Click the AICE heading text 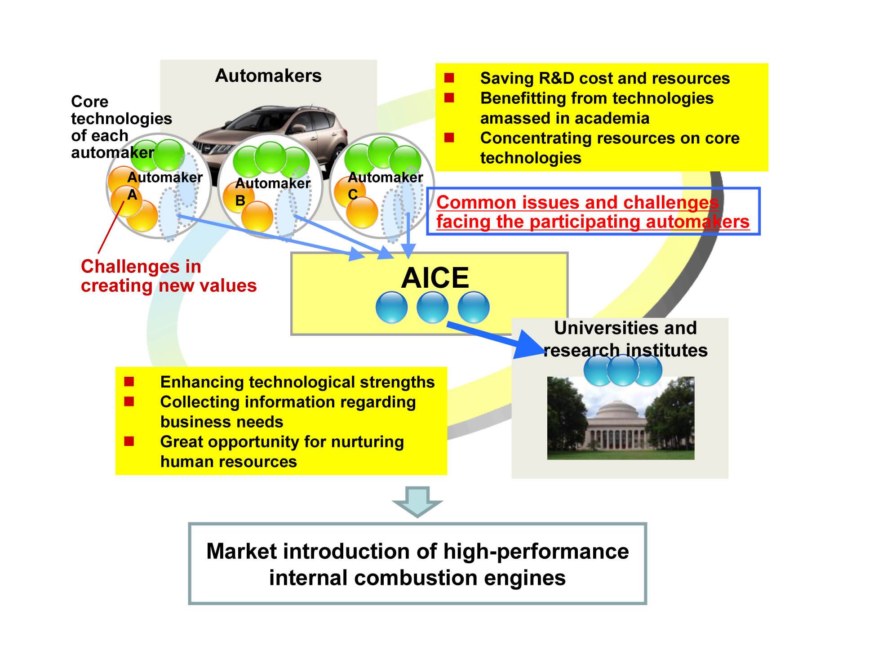[x=435, y=277]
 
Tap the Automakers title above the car [x=268, y=76]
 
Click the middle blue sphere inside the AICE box [x=432, y=307]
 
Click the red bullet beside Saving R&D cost [x=449, y=78]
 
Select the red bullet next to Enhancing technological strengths [x=129, y=382]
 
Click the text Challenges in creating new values [x=168, y=276]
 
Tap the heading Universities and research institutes [x=625, y=339]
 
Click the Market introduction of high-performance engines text [x=417, y=564]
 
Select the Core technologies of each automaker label [x=120, y=127]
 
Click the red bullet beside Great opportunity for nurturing [x=129, y=441]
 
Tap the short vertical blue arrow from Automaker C [x=408, y=234]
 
